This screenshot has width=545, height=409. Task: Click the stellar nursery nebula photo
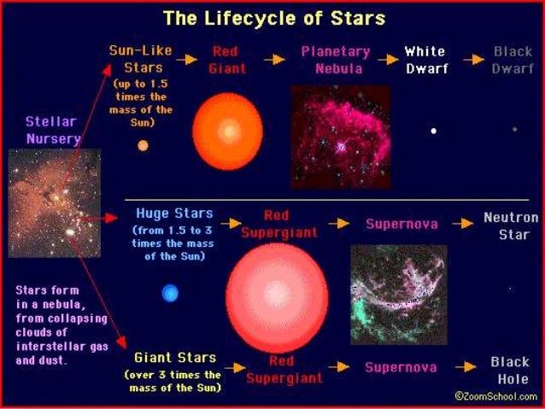[x=54, y=202]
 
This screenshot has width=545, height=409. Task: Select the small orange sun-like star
[x=143, y=145]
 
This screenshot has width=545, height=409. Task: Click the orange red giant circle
[x=228, y=131]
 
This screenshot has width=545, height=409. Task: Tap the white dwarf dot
[x=434, y=131]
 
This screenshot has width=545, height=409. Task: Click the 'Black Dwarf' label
[x=513, y=60]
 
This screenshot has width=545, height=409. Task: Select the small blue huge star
[x=171, y=294]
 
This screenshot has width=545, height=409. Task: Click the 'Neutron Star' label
[x=511, y=225]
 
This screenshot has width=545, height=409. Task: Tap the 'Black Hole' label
[x=509, y=371]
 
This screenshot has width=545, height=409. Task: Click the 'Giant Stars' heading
[x=175, y=358]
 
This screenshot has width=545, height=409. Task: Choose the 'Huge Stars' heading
[x=174, y=213]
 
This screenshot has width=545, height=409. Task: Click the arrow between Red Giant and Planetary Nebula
[x=274, y=60]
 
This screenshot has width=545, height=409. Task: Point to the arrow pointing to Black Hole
[x=465, y=367]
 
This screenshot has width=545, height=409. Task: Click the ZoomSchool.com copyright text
[x=495, y=396]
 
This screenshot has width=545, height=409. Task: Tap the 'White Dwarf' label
[x=425, y=60]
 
